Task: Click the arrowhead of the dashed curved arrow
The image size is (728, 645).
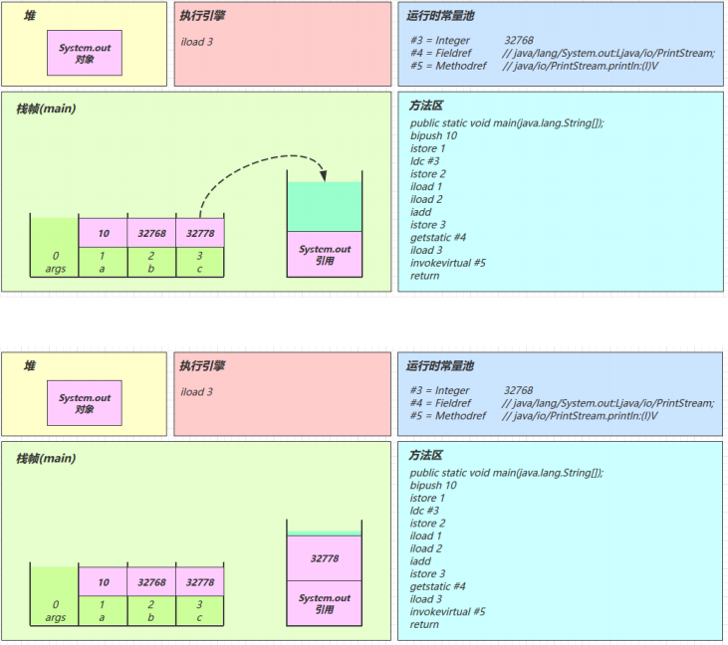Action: click(x=323, y=176)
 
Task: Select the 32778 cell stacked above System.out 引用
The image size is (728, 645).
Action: click(x=324, y=558)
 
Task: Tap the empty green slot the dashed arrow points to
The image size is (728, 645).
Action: click(x=324, y=206)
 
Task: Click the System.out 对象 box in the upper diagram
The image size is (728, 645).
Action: click(x=85, y=53)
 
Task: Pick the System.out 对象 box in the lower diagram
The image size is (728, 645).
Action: click(x=85, y=403)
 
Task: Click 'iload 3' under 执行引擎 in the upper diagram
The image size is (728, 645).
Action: click(x=197, y=42)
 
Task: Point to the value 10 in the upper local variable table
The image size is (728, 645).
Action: click(x=104, y=233)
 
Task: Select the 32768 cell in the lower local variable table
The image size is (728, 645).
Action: click(x=151, y=582)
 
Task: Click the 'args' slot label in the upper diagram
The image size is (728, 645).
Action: click(x=55, y=269)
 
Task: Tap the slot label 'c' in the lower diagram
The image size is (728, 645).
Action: click(x=199, y=617)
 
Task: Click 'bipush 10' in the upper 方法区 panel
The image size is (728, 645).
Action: click(x=433, y=135)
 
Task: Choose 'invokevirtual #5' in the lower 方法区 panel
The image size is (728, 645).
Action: click(x=447, y=611)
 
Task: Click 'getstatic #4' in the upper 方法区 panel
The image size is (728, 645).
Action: click(x=438, y=238)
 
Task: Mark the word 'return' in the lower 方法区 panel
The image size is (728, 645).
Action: click(x=424, y=624)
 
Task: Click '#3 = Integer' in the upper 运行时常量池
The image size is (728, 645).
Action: click(x=439, y=41)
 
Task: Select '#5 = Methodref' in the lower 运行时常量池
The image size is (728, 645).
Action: click(x=448, y=416)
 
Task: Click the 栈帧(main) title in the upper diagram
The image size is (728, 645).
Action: click(x=46, y=109)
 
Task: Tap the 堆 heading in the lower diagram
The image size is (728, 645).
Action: click(x=30, y=366)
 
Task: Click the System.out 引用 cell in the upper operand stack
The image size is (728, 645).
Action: click(x=324, y=254)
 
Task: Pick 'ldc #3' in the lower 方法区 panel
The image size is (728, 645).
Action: click(x=424, y=511)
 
